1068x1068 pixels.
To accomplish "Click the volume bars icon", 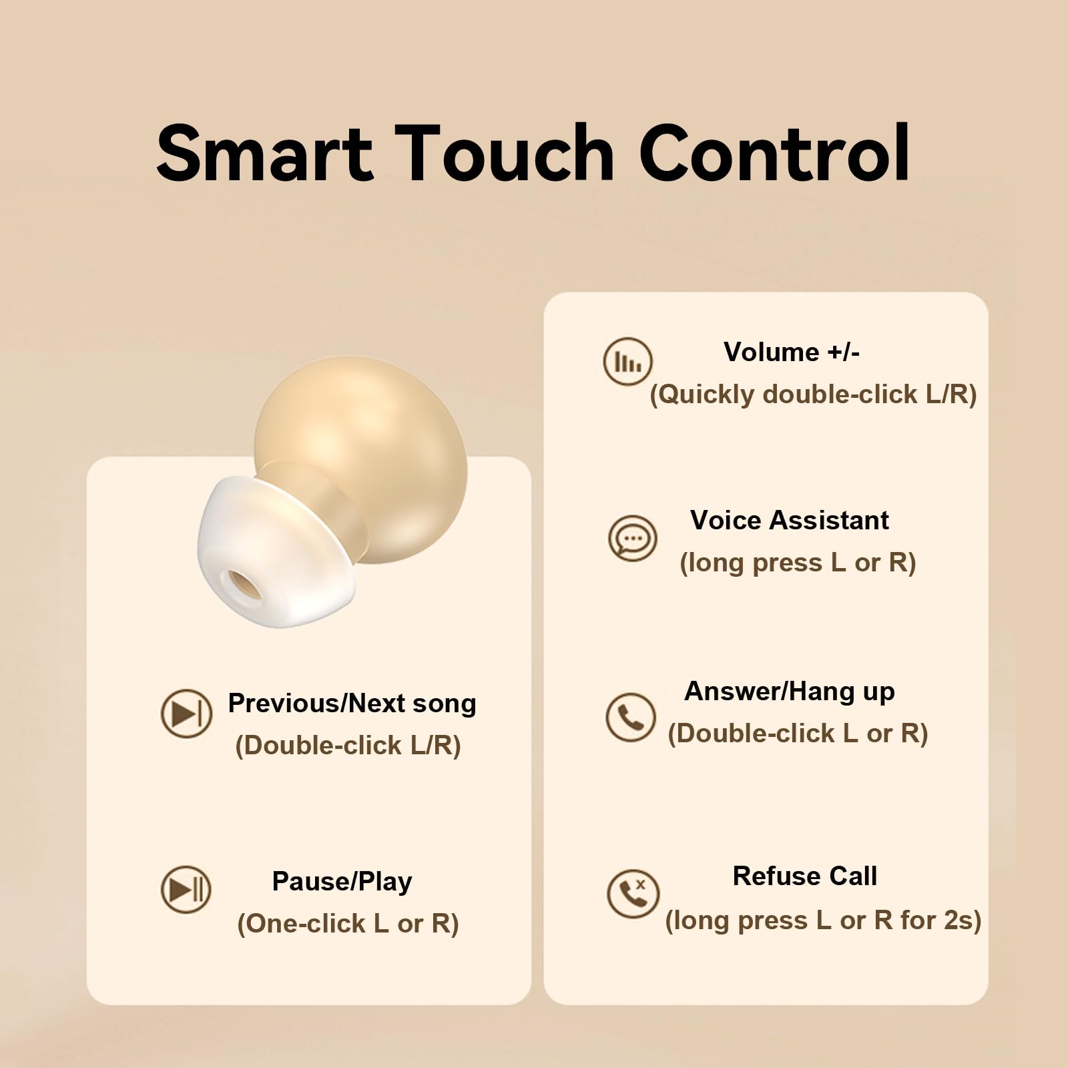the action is tap(627, 361).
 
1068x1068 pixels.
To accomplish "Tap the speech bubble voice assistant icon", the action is tap(632, 538).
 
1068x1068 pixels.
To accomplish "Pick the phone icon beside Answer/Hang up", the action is tap(630, 718).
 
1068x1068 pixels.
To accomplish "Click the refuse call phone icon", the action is tap(633, 893).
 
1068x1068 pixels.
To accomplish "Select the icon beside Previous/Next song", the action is tap(186, 714).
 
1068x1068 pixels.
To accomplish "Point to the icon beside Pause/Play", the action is tap(186, 889).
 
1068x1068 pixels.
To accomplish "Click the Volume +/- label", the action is tap(792, 352).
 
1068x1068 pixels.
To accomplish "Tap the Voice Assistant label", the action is tap(790, 520).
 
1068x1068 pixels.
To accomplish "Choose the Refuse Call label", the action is tap(805, 876).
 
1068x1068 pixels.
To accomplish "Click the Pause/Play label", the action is tap(342, 882).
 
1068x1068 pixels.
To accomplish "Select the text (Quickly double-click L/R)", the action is tap(813, 394).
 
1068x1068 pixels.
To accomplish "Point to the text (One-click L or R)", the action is tap(348, 924).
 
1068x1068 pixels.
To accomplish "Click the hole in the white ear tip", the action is tap(244, 585).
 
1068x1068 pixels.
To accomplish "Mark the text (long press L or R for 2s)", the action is tap(823, 920).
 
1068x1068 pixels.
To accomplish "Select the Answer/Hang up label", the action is tap(790, 692).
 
